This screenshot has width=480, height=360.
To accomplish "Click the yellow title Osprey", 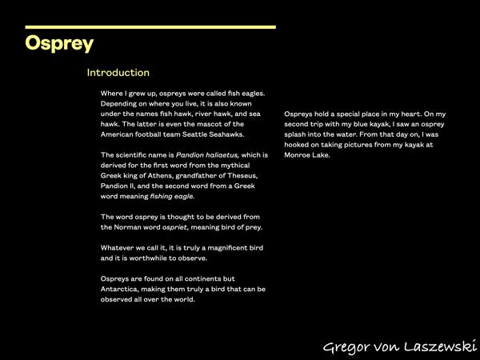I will pos(59,43).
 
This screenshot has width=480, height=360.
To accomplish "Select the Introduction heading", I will pos(118,73).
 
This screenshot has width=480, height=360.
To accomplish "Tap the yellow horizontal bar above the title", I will pos(150,27).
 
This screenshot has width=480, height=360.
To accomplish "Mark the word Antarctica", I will pos(124,289).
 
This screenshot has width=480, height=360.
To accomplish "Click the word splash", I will pos(296,134).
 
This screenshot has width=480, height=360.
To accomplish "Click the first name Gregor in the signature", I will pos(346,346).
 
